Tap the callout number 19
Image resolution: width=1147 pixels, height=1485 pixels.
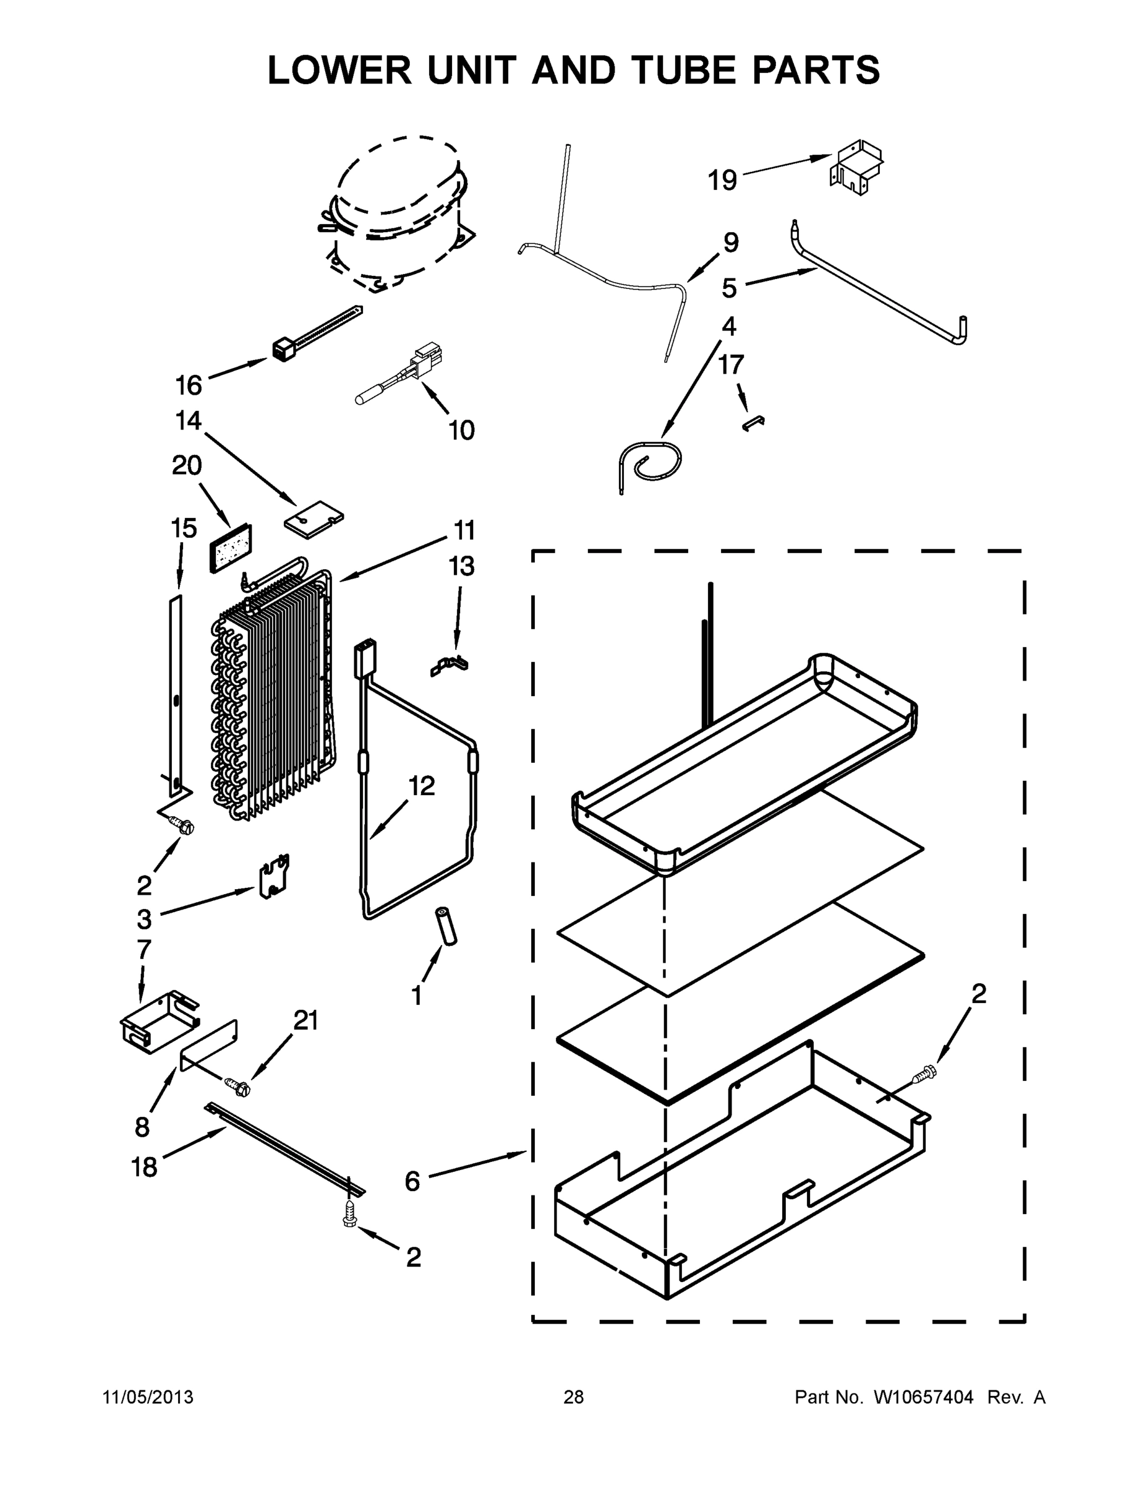click(722, 180)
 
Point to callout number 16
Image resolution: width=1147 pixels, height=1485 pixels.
click(189, 385)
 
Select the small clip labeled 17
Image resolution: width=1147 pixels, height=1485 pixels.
click(754, 424)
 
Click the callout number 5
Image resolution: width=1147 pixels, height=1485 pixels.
click(729, 288)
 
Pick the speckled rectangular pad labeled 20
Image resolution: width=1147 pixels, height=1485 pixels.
click(231, 548)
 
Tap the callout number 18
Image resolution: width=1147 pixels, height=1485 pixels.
click(144, 1167)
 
